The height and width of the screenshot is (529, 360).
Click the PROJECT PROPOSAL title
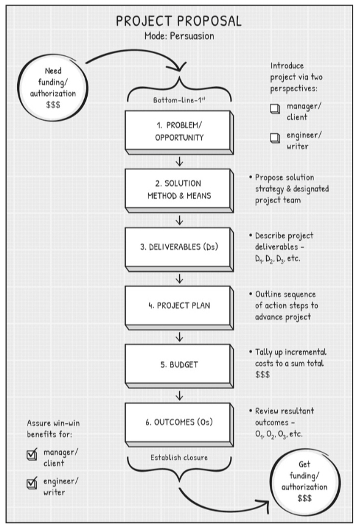[178, 21]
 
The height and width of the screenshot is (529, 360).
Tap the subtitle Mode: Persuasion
[179, 36]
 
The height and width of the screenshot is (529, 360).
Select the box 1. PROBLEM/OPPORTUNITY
[179, 133]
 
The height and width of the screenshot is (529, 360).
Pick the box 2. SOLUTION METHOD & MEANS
[179, 191]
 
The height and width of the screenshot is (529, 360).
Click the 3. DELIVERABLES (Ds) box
[179, 249]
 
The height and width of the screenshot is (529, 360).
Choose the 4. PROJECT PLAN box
[179, 307]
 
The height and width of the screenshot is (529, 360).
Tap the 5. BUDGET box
[179, 366]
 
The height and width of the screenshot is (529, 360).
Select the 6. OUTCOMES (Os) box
[179, 425]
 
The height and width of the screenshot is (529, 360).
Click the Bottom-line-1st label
[179, 100]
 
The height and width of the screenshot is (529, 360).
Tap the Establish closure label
[179, 457]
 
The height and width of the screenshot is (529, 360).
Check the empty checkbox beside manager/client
[275, 109]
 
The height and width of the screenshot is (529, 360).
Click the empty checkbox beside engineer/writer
[275, 137]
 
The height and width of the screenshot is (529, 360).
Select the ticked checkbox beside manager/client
[32, 455]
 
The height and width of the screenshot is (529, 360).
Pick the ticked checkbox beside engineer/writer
[32, 484]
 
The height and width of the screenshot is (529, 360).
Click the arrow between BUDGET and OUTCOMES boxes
[179, 396]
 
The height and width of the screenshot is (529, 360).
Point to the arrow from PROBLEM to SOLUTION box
[179, 162]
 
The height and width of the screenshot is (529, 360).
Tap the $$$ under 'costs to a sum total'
[262, 374]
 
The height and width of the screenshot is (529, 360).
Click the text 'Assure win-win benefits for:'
[53, 428]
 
